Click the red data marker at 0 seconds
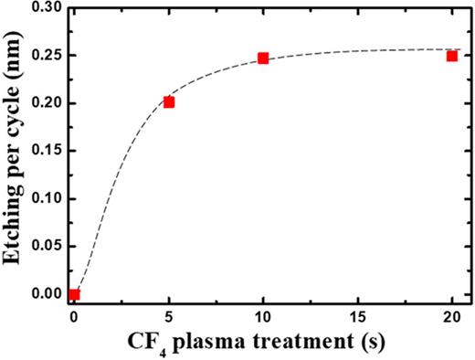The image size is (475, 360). (74, 294)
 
